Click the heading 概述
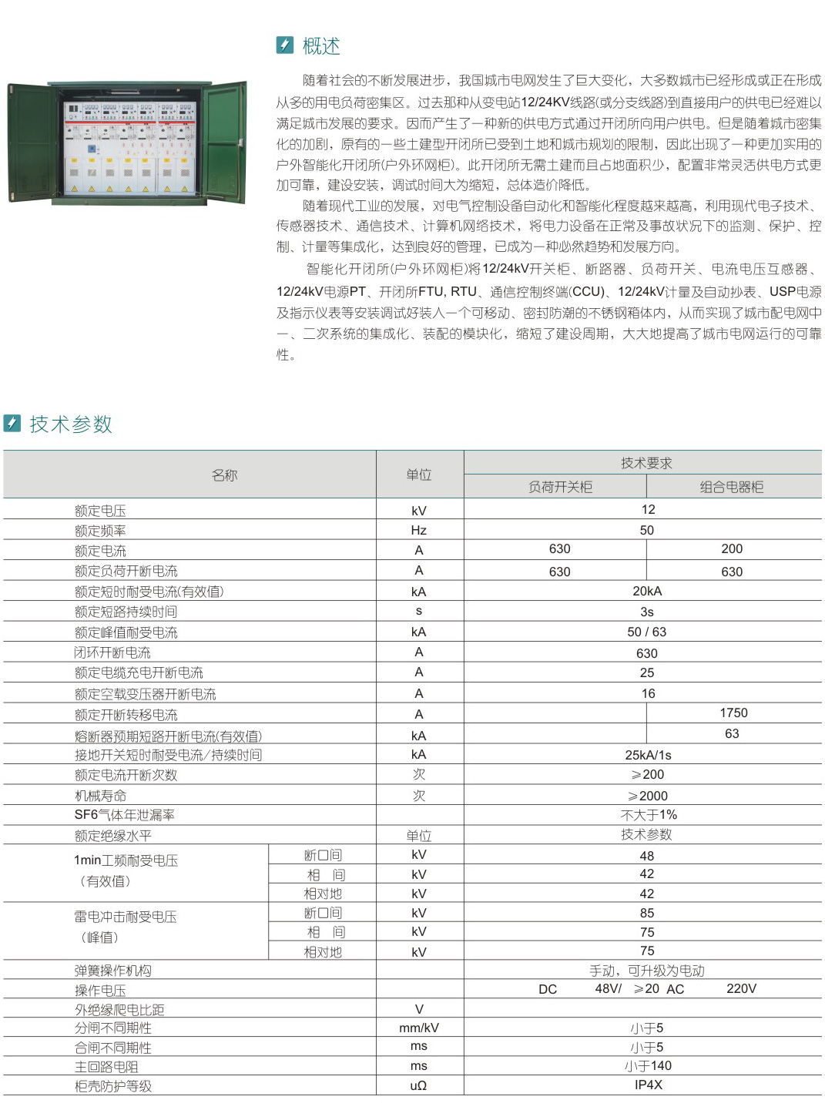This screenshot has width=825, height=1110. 320,46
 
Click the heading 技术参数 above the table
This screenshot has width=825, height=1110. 71,424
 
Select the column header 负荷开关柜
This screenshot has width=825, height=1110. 560,487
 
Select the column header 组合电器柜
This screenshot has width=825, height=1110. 731,487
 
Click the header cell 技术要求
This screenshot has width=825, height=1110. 646,463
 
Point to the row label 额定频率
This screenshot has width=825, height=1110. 100,531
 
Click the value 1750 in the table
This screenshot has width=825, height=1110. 733,713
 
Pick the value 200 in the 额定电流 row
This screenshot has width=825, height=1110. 732,549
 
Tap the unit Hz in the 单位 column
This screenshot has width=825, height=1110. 418,531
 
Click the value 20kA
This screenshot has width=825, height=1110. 647,592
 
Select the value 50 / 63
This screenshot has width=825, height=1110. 647,632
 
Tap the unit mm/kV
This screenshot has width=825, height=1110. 419,1028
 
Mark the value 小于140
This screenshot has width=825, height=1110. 648,1066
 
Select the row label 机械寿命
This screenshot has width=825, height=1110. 100,796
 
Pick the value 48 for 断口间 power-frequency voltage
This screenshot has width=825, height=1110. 647,856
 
